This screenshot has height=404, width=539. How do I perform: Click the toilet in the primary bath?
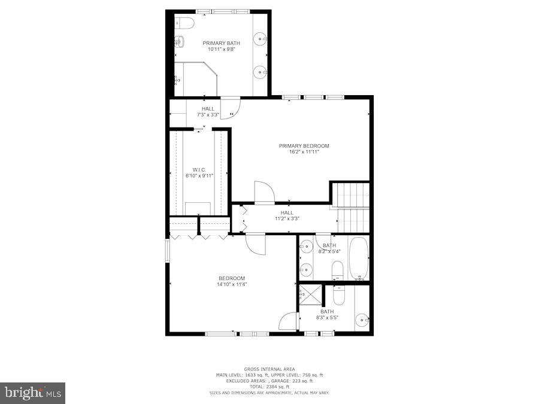pyautogui.click(x=185, y=23)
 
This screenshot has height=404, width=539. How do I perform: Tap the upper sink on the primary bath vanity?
pyautogui.click(x=261, y=40)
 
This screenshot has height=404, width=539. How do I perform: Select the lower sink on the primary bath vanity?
pyautogui.click(x=261, y=72)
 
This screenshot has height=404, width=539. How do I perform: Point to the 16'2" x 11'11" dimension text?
pyautogui.click(x=304, y=152)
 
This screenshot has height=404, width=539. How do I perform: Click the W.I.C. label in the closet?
pyautogui.click(x=199, y=169)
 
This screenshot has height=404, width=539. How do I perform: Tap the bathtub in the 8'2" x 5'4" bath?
pyautogui.click(x=359, y=259)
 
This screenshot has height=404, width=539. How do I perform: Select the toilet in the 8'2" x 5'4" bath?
pyautogui.click(x=337, y=270)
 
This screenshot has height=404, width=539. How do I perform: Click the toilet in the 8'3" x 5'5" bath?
pyautogui.click(x=339, y=294)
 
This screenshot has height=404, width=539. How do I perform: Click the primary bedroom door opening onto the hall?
pyautogui.click(x=264, y=193)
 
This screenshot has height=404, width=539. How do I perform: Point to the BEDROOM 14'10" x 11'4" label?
pyautogui.click(x=232, y=281)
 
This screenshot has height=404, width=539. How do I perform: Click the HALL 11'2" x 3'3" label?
pyautogui.click(x=287, y=215)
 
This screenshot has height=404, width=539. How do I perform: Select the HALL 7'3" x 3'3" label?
pyautogui.click(x=208, y=111)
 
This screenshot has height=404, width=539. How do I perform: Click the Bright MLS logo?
pyautogui.click(x=34, y=393)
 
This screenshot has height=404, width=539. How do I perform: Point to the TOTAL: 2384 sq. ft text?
pyautogui.click(x=269, y=387)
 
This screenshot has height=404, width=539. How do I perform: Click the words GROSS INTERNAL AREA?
pyautogui.click(x=269, y=369)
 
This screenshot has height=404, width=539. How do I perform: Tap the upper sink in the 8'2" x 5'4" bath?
pyautogui.click(x=305, y=246)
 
